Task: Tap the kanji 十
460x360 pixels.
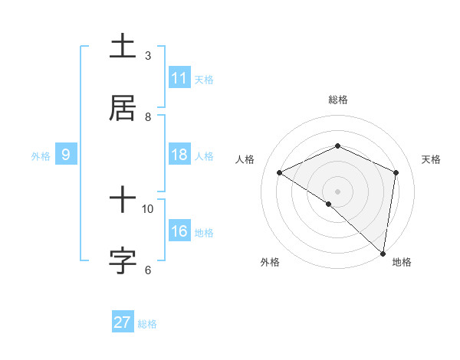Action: pos(123,201)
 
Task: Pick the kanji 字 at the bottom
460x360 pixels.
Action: pos(123,260)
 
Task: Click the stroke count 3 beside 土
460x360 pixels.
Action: pos(148,55)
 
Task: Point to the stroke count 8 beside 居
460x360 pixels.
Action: pos(148,116)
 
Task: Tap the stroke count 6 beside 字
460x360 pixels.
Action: pos(148,270)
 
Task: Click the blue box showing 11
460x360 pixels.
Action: pos(179,78)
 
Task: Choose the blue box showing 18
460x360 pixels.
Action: pos(179,155)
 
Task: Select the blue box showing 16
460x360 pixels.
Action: pos(179,231)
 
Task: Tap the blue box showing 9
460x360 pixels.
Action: pos(66,155)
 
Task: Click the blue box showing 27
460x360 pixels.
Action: pos(123,322)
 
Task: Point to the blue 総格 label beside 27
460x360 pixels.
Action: pos(147,324)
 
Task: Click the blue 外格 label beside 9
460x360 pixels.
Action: pos(41,156)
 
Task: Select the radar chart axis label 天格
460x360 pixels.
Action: pos(431,159)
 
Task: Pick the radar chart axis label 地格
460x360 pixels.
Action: pos(402,262)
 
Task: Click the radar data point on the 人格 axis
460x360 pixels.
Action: pos(280,173)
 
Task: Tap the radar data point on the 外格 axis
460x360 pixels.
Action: pos(329,204)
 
